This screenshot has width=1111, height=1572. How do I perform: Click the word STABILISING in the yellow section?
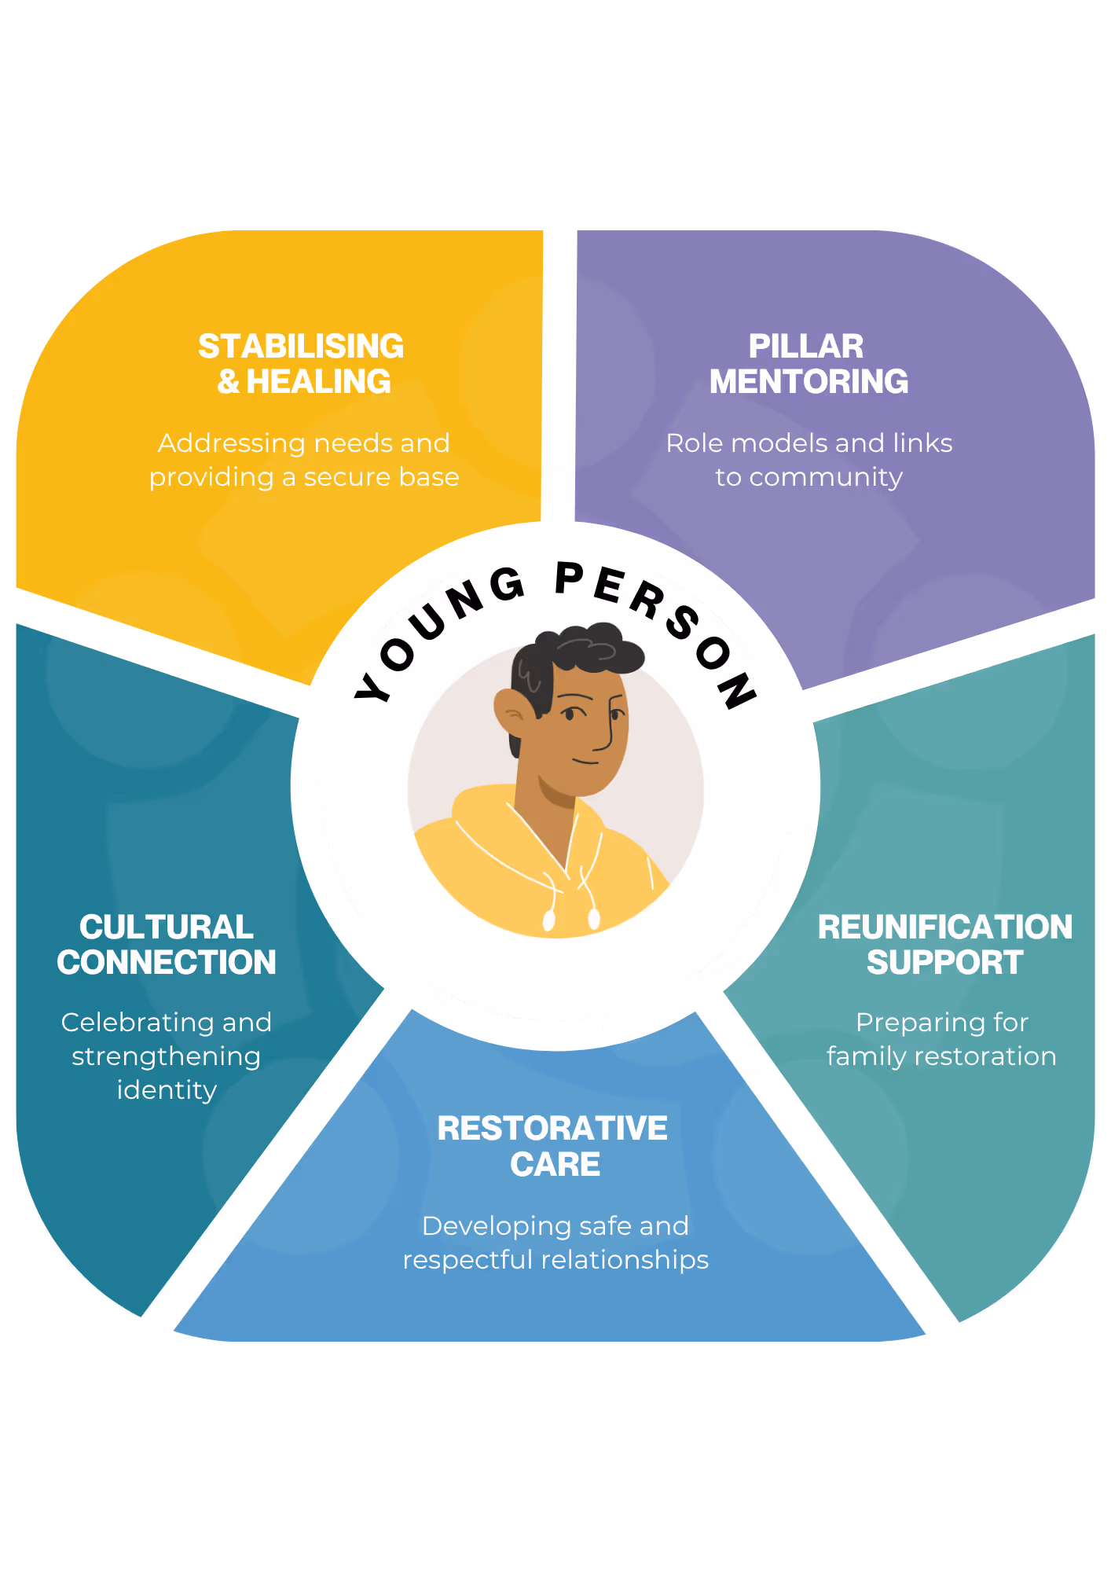(x=301, y=346)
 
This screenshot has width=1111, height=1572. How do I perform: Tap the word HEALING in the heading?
(x=318, y=382)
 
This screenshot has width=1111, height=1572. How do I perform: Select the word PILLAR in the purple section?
(x=805, y=346)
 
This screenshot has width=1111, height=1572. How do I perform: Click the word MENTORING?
(x=808, y=382)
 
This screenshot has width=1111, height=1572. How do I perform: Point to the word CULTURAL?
(x=167, y=927)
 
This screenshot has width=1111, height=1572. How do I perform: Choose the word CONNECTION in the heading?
(x=167, y=963)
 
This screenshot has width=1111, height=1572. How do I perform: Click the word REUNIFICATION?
(x=944, y=927)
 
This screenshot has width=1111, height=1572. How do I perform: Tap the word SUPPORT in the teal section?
(x=944, y=963)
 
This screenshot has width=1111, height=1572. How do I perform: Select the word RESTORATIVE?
(x=552, y=1129)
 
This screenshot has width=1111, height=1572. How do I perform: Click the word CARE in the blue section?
(x=555, y=1164)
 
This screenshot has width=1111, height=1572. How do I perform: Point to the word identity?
(x=167, y=1091)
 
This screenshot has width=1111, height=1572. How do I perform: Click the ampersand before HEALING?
(x=229, y=382)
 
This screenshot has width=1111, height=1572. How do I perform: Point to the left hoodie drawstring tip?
(x=549, y=919)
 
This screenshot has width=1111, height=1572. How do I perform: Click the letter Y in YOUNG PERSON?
(x=372, y=687)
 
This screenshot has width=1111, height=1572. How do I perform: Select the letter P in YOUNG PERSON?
(x=569, y=579)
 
